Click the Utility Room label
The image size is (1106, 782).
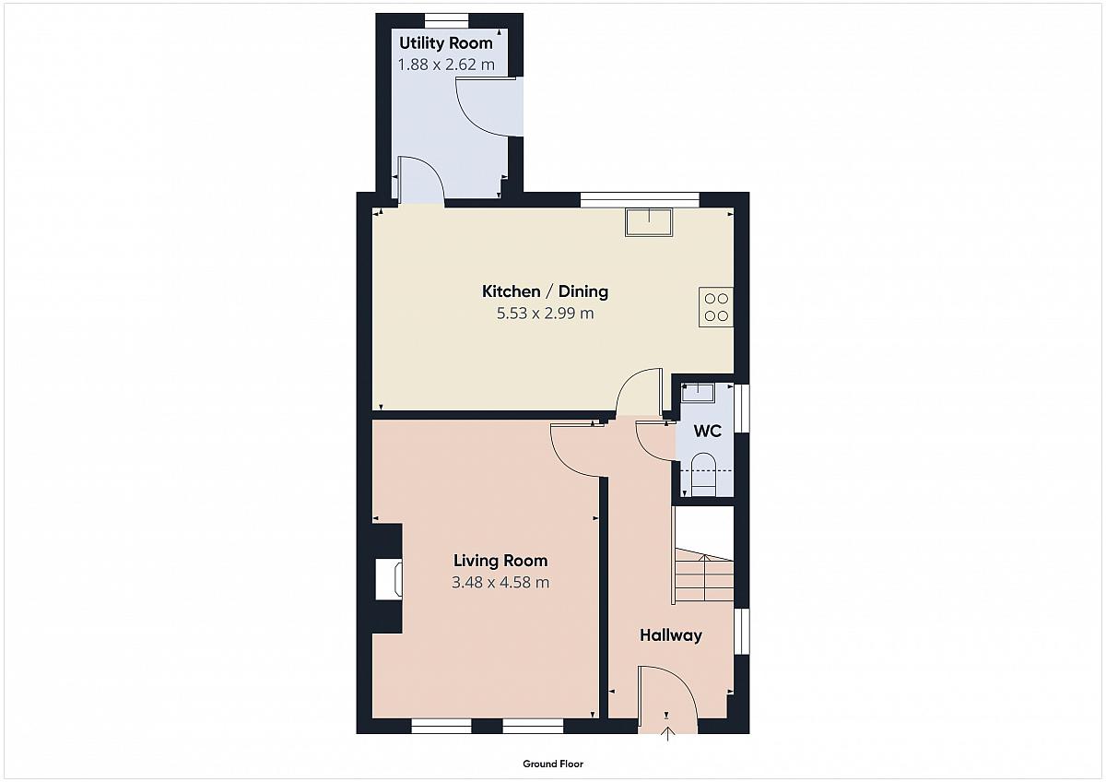click(x=446, y=43)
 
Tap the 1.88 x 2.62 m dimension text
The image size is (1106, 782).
click(x=446, y=65)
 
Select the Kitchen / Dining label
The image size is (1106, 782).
click(x=545, y=291)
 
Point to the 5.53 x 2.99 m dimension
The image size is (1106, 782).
click(x=545, y=314)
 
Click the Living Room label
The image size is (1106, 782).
click(x=500, y=561)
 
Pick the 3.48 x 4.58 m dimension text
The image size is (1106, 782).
click(x=500, y=583)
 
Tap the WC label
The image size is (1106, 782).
click(x=708, y=431)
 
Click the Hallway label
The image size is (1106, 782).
click(x=671, y=635)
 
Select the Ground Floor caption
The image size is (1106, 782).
click(x=553, y=764)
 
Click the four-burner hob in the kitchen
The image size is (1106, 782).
click(x=716, y=307)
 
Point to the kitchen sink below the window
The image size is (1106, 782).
click(x=649, y=222)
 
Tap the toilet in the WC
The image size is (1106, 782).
click(x=703, y=474)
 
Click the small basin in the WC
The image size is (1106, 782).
click(x=698, y=393)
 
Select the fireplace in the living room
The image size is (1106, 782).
click(x=388, y=579)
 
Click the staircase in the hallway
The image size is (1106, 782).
click(x=703, y=575)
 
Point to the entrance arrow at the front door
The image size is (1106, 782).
click(x=667, y=734)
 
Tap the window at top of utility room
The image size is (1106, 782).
click(x=446, y=20)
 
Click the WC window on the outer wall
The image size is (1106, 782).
click(x=742, y=409)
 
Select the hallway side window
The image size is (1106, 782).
click(x=742, y=632)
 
